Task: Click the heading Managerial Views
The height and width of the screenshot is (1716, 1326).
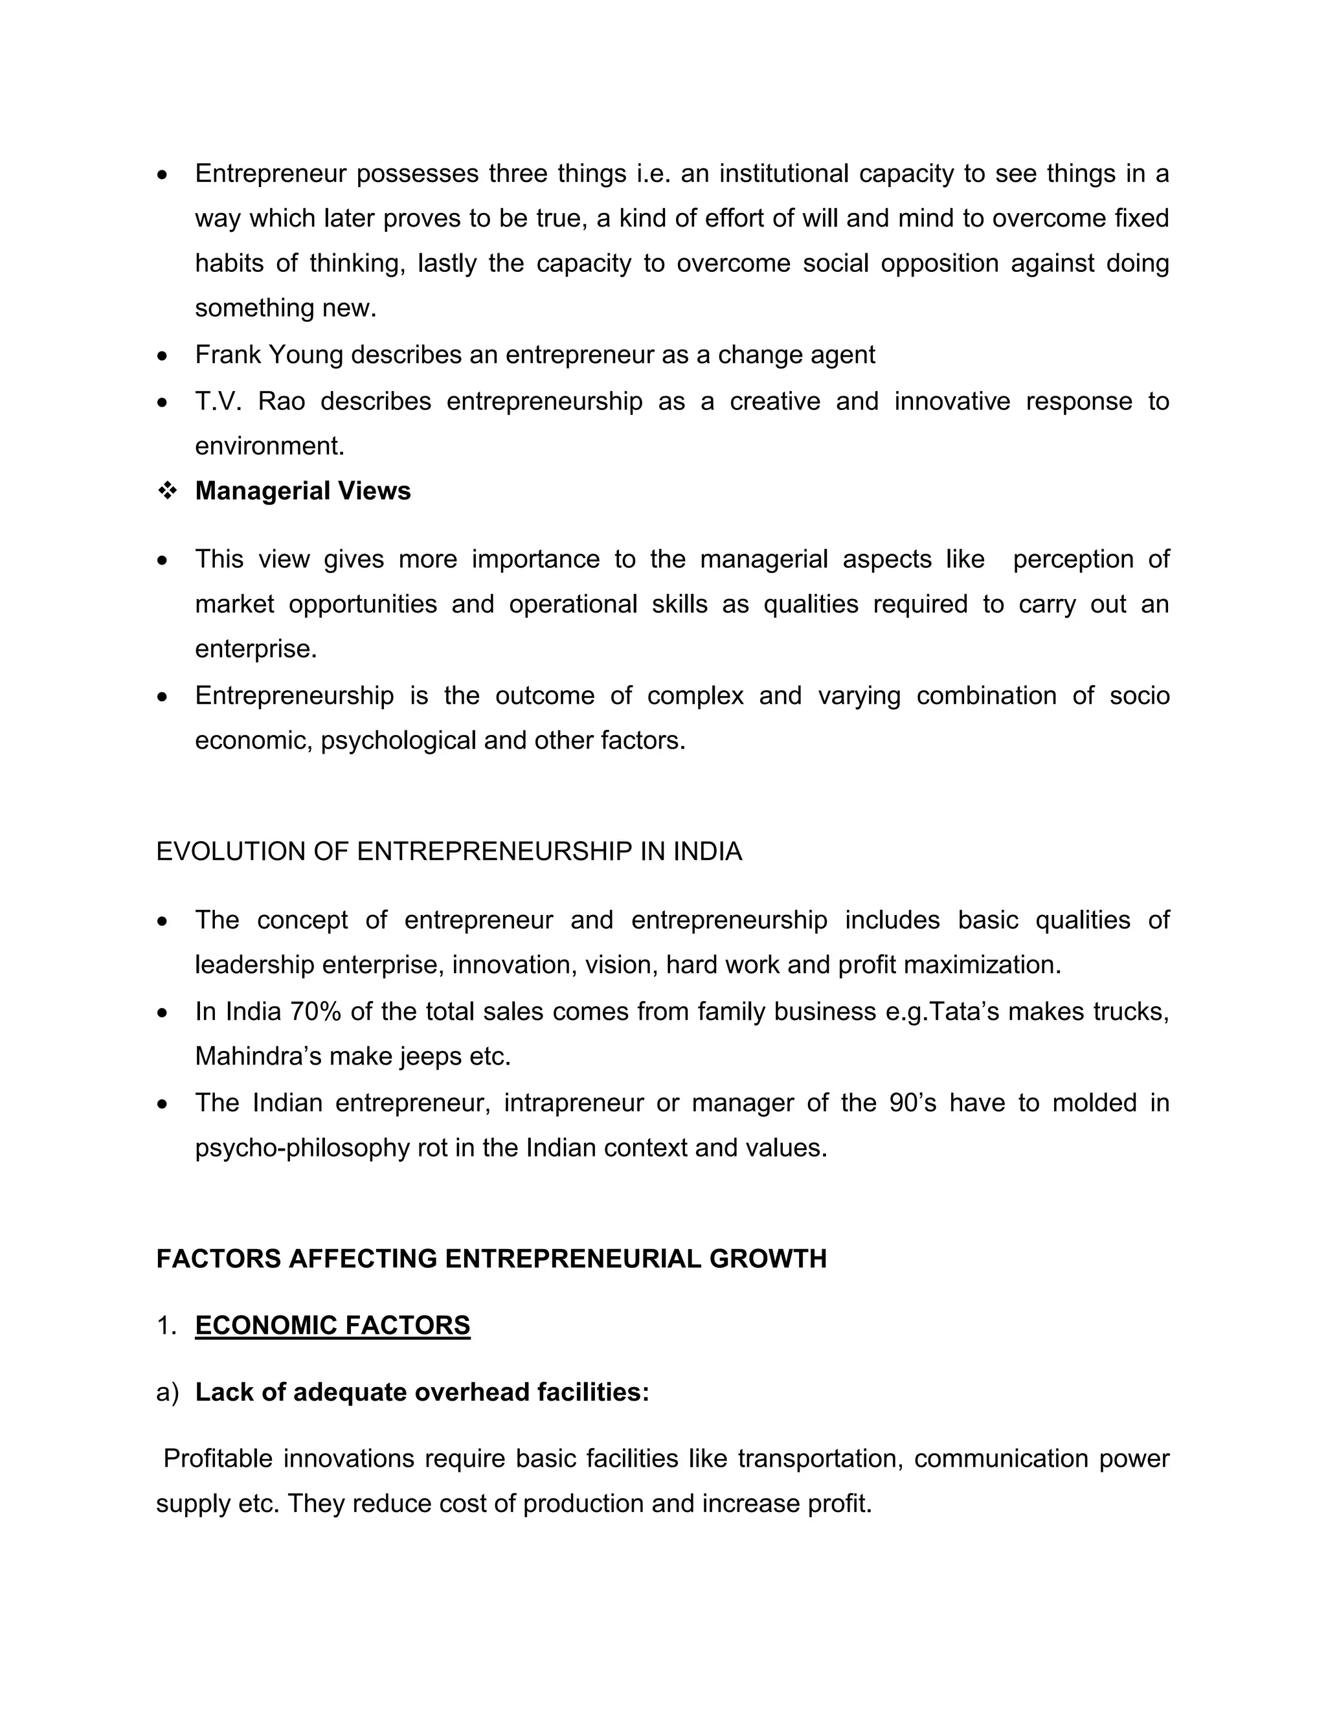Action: click(x=302, y=491)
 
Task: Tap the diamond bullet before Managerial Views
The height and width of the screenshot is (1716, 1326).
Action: click(x=166, y=491)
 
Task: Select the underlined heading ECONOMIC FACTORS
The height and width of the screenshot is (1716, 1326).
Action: click(x=332, y=1326)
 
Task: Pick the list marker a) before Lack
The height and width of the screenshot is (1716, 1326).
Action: click(x=167, y=1392)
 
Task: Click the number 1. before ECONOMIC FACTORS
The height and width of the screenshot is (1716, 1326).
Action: click(x=166, y=1326)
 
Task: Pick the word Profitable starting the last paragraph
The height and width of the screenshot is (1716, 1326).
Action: click(x=221, y=1459)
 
